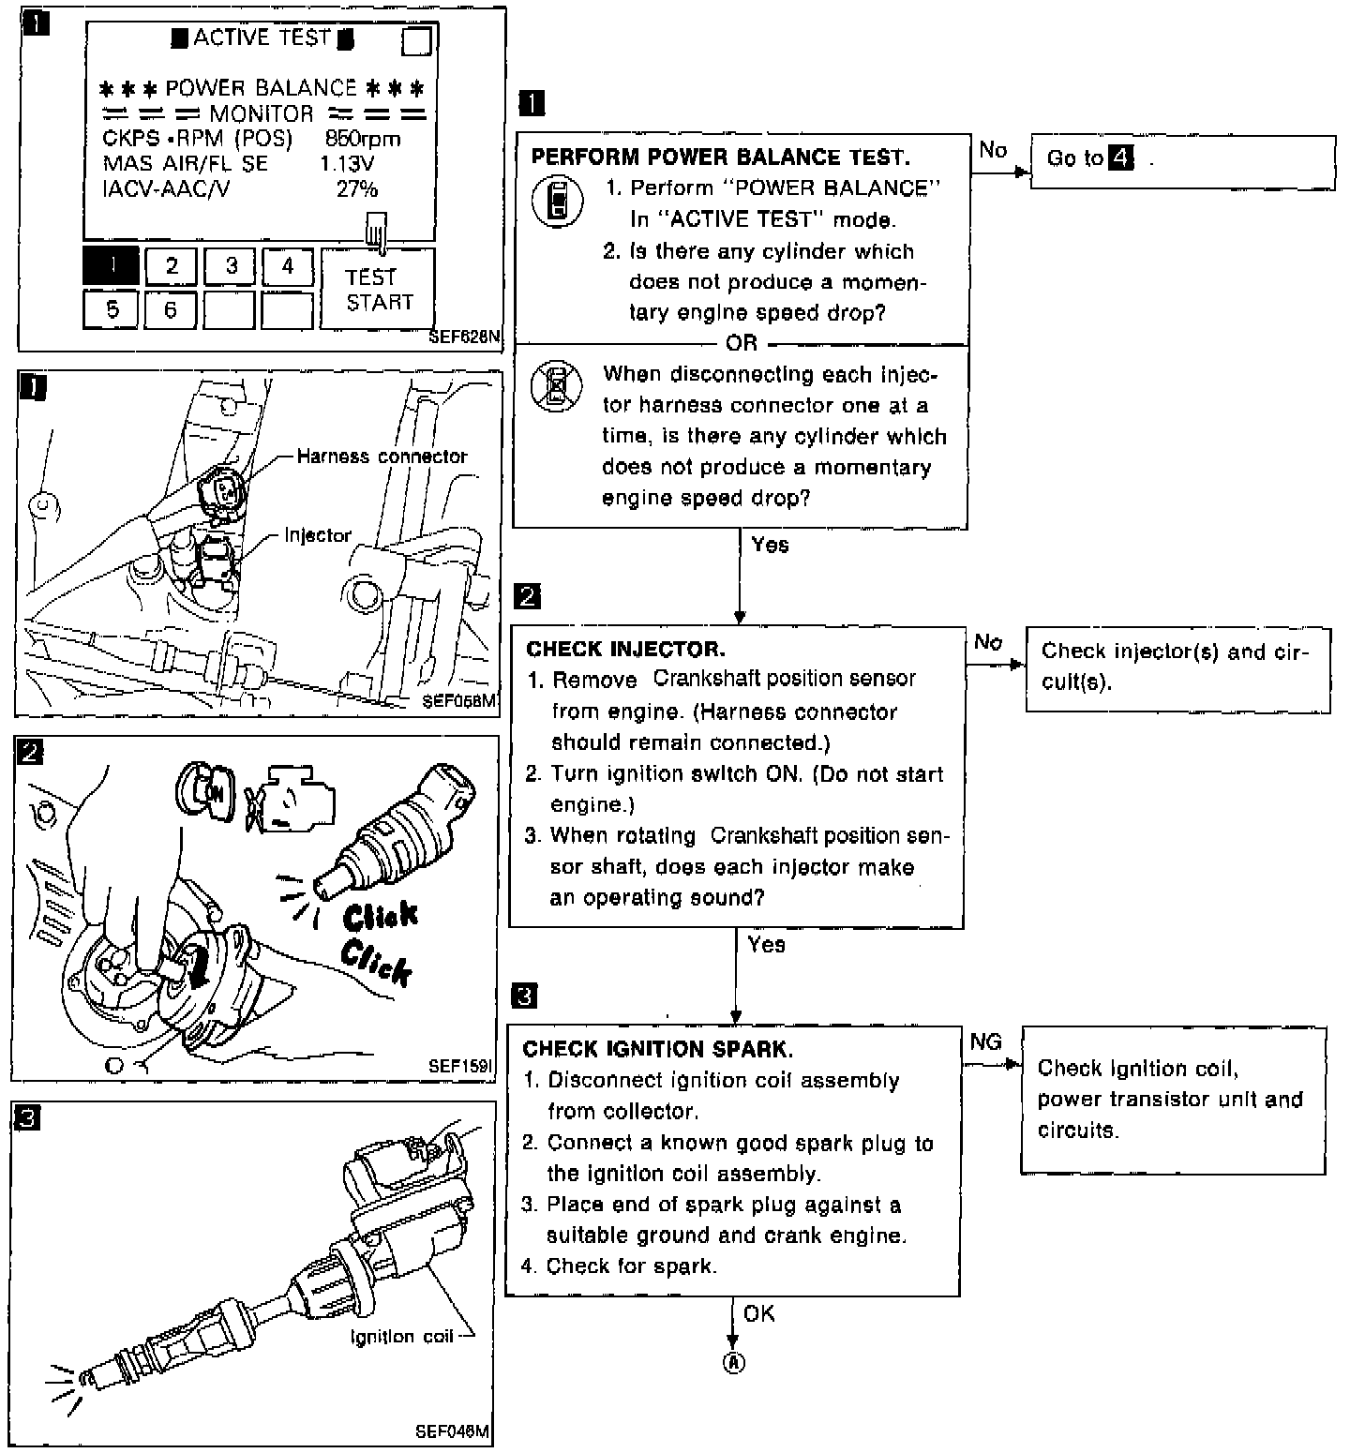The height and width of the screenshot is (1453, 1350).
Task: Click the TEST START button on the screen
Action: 378,290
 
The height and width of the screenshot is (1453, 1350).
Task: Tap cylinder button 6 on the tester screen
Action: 170,309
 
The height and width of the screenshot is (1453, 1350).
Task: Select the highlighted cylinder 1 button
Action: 111,266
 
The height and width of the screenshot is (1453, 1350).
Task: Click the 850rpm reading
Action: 362,139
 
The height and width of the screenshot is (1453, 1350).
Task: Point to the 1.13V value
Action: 347,164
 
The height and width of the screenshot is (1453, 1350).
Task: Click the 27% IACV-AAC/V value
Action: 357,189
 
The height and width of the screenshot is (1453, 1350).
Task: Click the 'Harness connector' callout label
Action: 382,457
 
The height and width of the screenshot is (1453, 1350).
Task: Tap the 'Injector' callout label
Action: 318,535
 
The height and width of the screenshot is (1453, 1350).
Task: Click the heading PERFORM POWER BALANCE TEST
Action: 720,157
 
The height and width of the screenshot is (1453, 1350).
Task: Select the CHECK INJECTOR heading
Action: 625,649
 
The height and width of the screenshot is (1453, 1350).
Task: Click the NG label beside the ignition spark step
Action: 985,1041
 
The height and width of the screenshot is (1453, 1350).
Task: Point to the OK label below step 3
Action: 759,1313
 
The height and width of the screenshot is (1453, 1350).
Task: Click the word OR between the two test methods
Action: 741,343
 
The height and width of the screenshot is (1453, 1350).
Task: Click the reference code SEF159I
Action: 460,1066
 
